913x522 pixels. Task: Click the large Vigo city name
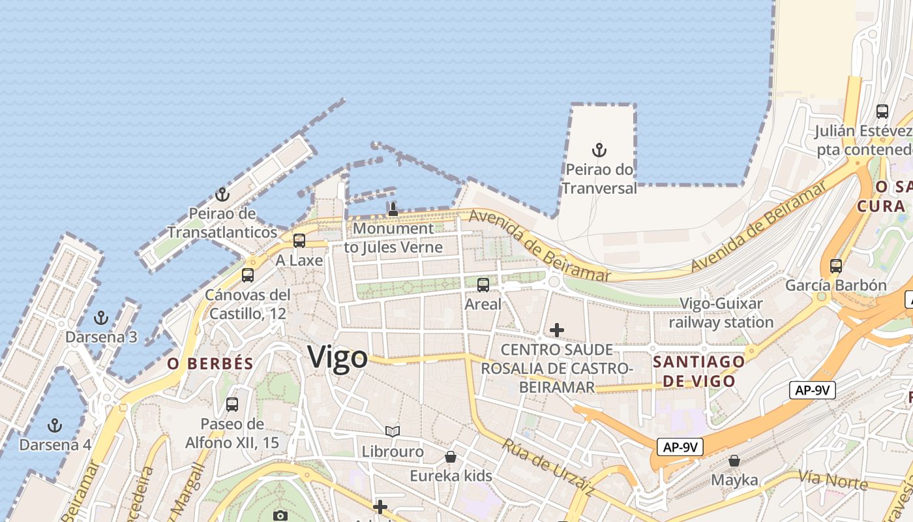pos(337,358)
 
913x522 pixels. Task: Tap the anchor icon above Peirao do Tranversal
pos(599,151)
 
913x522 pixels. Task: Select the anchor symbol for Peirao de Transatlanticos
pos(222,194)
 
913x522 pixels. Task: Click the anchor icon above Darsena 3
pos(101,318)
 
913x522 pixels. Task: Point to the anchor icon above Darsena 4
pos(55,425)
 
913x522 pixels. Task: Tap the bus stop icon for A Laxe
pos(299,240)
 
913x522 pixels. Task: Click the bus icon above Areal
pos(483,284)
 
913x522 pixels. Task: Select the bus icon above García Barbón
pos(836,266)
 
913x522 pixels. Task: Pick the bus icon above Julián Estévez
pos(882,111)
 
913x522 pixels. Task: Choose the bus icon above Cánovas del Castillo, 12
pos(248,275)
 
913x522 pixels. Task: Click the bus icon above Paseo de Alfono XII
pos(232,404)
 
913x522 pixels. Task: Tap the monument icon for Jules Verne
pos(393,209)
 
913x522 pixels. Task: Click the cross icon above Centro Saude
pos(556,330)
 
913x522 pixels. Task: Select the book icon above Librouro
pos(392,431)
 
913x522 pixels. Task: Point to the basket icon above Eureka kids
pos(451,456)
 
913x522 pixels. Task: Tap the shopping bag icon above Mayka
pos(734,461)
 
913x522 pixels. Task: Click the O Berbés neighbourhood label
pos(210,364)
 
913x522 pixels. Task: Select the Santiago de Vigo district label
pos(698,371)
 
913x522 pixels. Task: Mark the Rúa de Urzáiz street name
pos(548,467)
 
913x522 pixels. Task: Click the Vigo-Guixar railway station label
pos(721,313)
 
